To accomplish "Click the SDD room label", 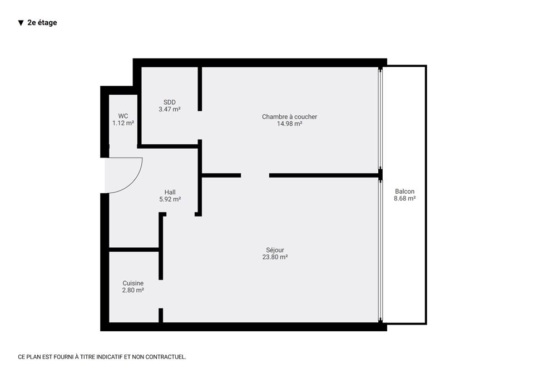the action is coord(170,102).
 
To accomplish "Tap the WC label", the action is coord(123,116).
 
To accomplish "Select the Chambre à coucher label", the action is coord(289,116).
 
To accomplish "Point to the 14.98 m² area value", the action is coord(289,124).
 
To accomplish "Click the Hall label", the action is coord(170,192).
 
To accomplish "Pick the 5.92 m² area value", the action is coord(170,199).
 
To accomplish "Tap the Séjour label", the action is coord(275,250).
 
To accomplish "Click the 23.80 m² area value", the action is coord(275,257).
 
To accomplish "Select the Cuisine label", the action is coord(133,283).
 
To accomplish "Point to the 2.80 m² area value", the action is coord(133,291).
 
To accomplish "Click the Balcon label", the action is coord(404,192).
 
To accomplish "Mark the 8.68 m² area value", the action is coord(404,199).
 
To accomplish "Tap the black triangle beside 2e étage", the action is coord(21,23).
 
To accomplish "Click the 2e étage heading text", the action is coord(42,22).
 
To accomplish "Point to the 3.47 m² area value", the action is coord(170,110).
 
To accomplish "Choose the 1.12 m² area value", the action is coord(123,123).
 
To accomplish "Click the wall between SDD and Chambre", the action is coord(200,89).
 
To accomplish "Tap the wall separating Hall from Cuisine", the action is coord(134,250).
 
